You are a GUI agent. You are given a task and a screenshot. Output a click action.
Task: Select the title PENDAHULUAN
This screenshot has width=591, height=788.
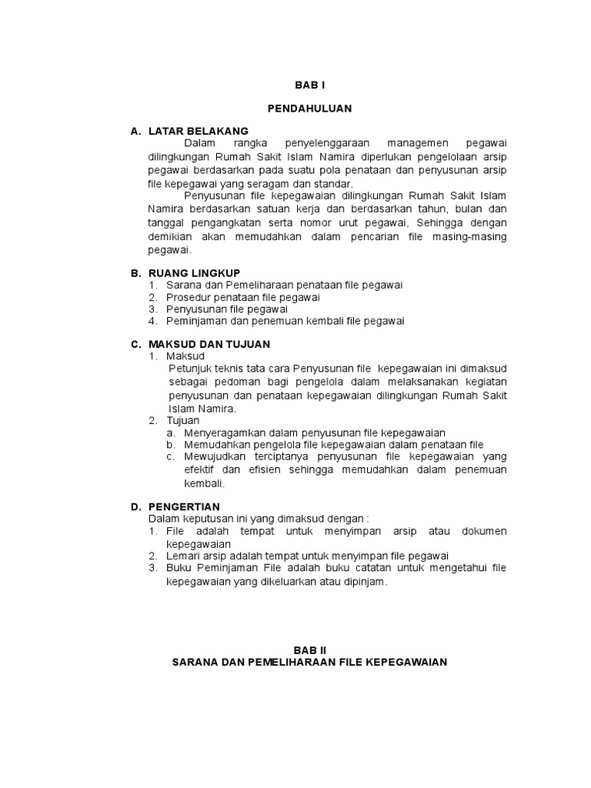[x=309, y=109]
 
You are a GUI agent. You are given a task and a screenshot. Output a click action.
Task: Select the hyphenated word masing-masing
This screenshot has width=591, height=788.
[x=469, y=236]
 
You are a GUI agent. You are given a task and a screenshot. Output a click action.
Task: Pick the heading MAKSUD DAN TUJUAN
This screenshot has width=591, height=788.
[x=209, y=344]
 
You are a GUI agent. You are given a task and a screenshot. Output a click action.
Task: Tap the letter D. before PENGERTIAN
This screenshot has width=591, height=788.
[x=135, y=506]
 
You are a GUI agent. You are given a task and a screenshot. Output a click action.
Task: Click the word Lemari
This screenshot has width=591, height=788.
[x=183, y=556]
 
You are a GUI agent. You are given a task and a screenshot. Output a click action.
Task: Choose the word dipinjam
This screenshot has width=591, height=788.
[x=363, y=583]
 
